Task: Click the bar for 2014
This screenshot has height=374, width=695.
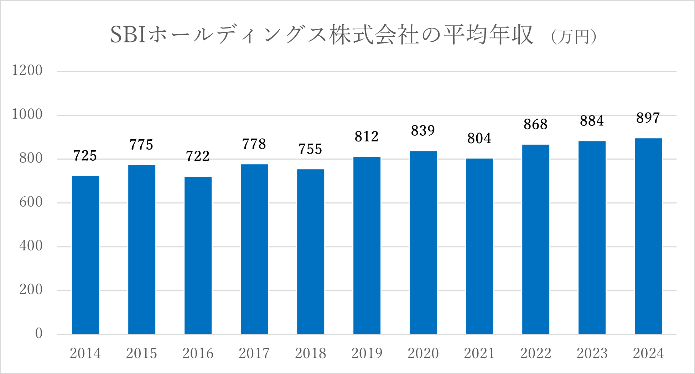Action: (85, 255)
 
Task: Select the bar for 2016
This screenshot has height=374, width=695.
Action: (198, 255)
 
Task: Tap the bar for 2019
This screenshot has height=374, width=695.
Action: (367, 245)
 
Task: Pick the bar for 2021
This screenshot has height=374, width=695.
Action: (479, 246)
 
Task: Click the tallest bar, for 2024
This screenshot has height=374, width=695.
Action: (648, 236)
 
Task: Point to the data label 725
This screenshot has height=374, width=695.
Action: (85, 156)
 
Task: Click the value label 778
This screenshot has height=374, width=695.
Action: (254, 144)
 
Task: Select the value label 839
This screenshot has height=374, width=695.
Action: (423, 131)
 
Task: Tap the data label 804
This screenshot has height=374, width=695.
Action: (479, 139)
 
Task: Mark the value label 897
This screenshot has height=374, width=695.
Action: (648, 118)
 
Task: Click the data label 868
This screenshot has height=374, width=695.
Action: (535, 125)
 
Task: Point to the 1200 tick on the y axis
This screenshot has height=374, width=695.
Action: (27, 71)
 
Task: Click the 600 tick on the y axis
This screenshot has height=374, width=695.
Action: (31, 202)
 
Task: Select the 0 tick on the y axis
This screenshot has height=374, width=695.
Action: (39, 334)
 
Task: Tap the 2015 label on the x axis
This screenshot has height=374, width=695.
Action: (141, 353)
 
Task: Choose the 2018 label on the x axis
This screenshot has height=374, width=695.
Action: (310, 353)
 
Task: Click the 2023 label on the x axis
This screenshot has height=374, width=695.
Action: (592, 353)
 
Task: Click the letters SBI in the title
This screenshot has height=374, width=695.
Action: (128, 35)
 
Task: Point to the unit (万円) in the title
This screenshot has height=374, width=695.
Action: (574, 37)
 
